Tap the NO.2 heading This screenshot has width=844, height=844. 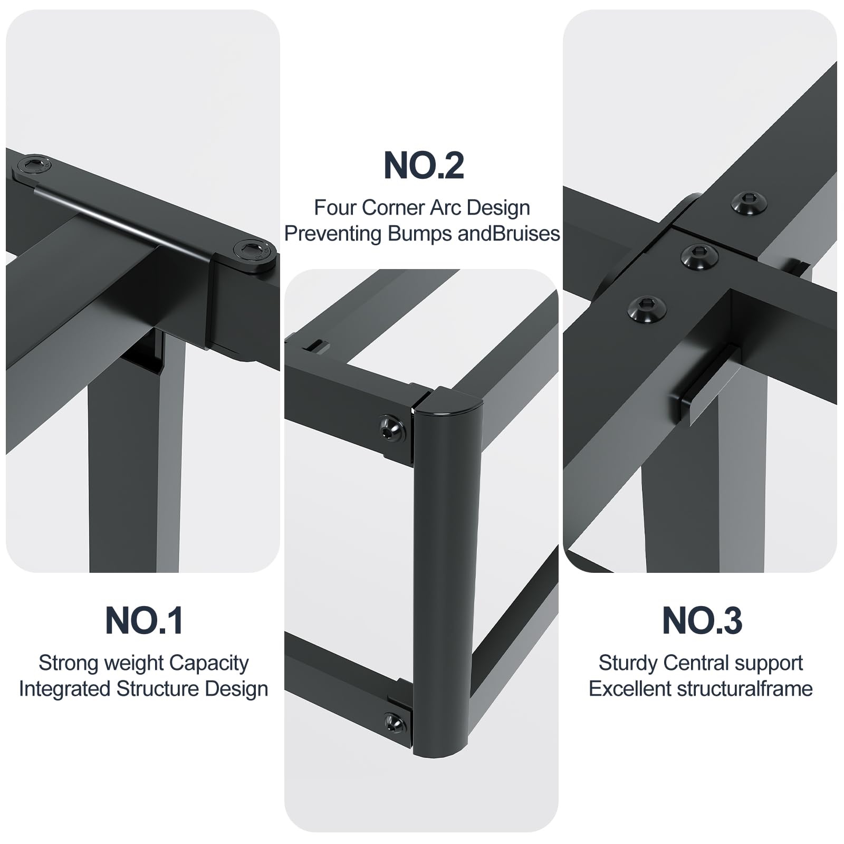424,165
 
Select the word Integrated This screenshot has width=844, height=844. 65,689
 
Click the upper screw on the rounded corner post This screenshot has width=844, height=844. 392,428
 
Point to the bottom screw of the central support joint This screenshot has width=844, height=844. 647,307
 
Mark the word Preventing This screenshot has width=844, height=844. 334,234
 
